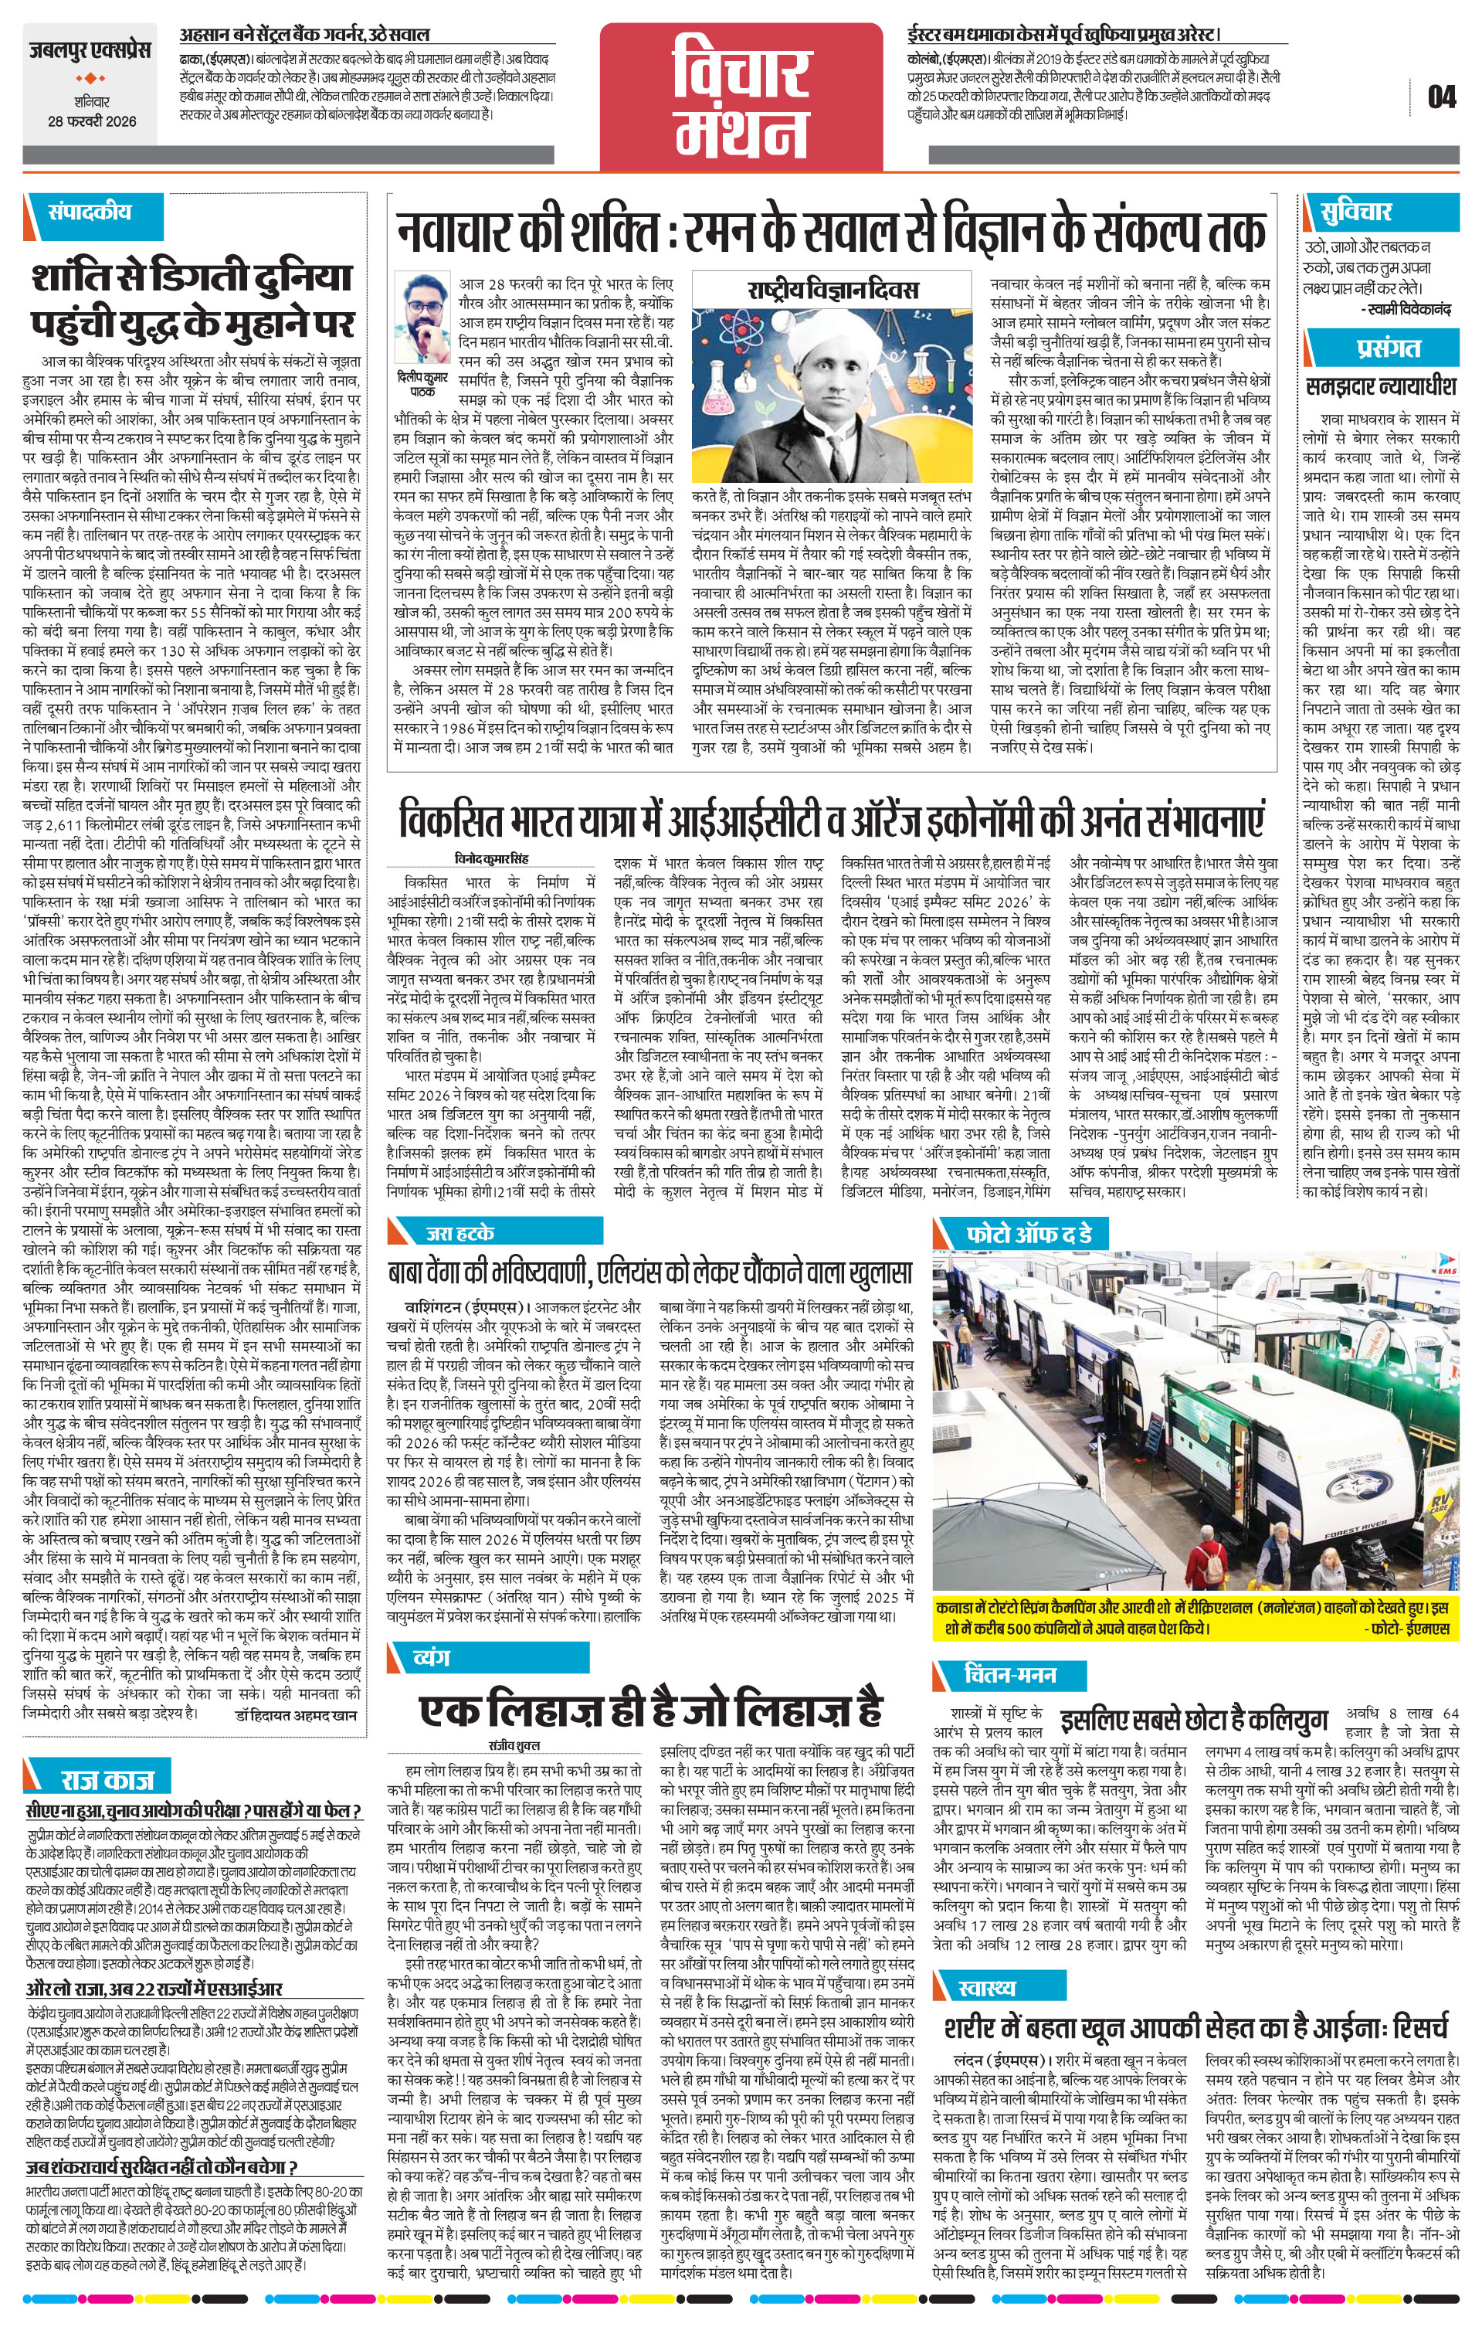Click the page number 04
[x=1440, y=97]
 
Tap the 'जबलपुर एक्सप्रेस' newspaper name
[x=89, y=49]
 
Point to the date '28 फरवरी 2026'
[x=93, y=121]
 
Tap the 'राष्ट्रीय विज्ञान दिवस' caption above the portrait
[x=833, y=290]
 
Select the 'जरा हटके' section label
[x=460, y=1232]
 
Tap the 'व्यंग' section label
[x=431, y=1656]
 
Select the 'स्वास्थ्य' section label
[x=987, y=1953]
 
